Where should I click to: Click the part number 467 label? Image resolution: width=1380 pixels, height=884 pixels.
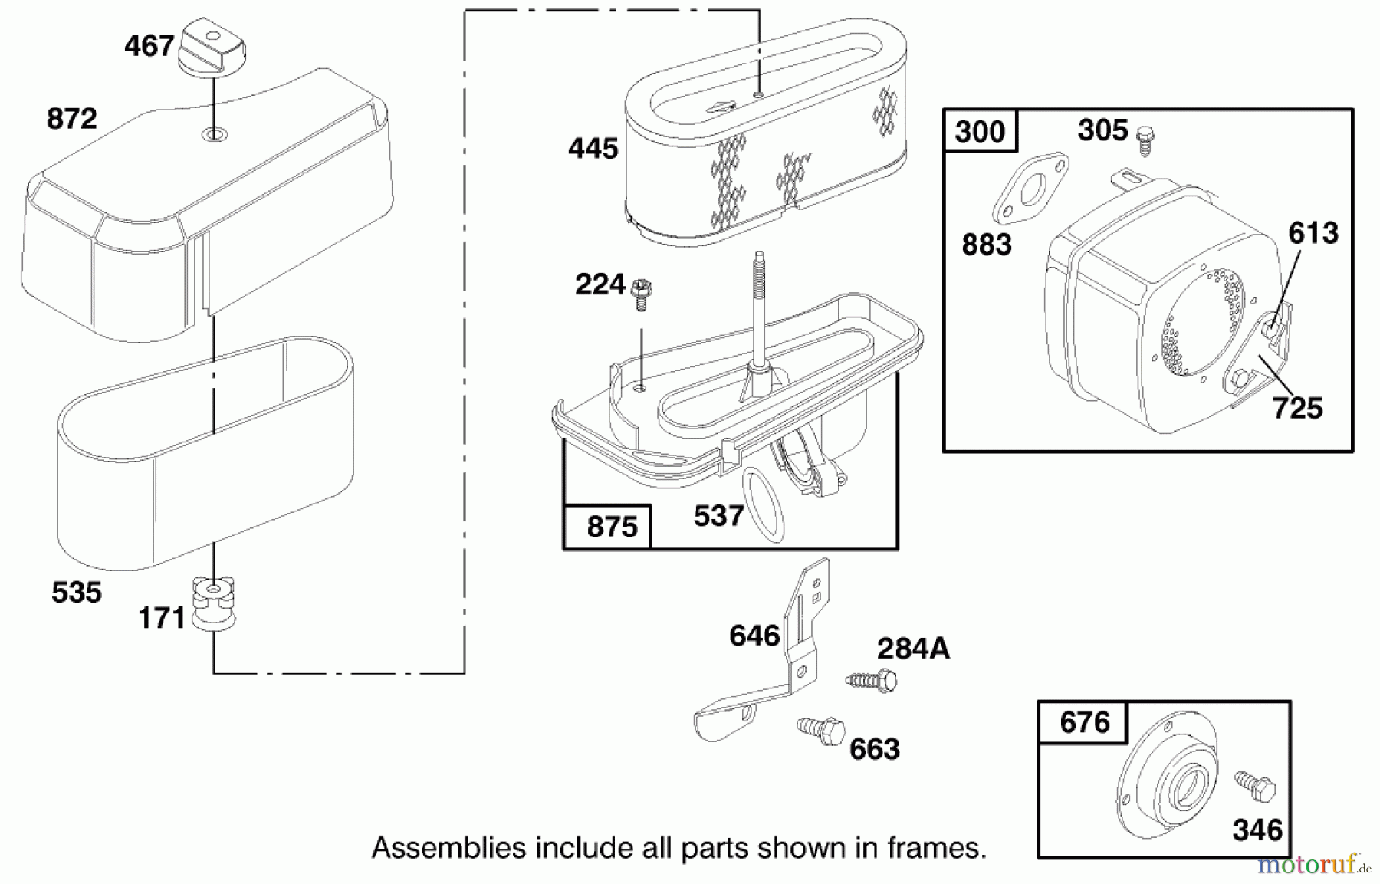click(x=149, y=46)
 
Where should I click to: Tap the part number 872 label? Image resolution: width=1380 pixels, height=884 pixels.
click(x=72, y=119)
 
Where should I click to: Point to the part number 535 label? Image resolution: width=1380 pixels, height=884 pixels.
click(x=77, y=593)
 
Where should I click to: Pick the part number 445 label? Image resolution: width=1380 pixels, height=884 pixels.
click(x=593, y=148)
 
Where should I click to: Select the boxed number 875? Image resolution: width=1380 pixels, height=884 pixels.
click(x=611, y=527)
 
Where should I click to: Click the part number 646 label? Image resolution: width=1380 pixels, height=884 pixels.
click(x=754, y=636)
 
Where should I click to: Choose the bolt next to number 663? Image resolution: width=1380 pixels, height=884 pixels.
click(x=820, y=731)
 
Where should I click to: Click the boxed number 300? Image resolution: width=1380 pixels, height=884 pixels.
click(x=980, y=132)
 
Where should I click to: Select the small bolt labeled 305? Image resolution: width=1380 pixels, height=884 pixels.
click(x=1146, y=138)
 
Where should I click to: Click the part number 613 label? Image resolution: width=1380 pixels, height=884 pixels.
click(x=1313, y=233)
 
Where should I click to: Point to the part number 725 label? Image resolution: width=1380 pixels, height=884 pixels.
click(x=1297, y=408)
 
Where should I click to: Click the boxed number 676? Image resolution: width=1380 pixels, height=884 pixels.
click(x=1084, y=722)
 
